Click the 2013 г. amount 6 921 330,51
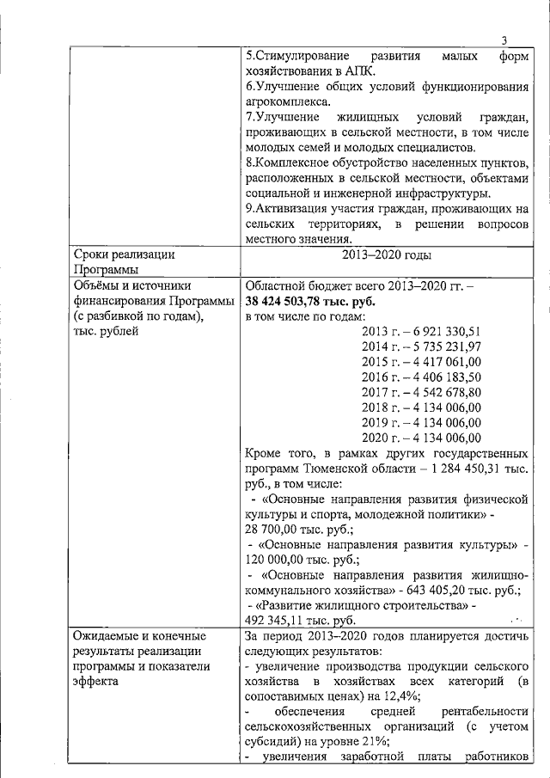[x=442, y=331]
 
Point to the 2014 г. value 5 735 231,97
[x=442, y=346]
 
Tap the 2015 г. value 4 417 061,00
[x=442, y=362]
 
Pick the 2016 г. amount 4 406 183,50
[x=442, y=377]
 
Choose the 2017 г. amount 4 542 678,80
[x=442, y=393]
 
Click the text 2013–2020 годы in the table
[x=386, y=255]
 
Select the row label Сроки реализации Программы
[x=125, y=262]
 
